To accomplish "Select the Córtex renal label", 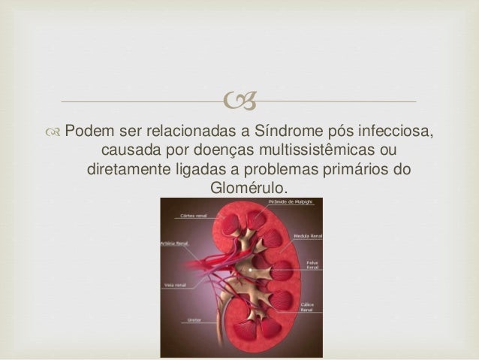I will click(x=192, y=215).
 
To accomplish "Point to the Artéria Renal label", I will click(x=175, y=244).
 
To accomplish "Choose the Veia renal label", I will click(x=175, y=286).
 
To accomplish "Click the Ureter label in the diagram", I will click(x=190, y=319).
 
